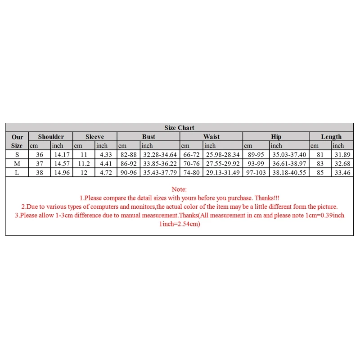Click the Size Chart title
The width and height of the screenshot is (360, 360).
pyautogui.click(x=180, y=128)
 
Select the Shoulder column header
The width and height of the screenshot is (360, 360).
pyautogui.click(x=51, y=137)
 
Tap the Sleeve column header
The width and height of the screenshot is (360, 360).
pyautogui.click(x=95, y=137)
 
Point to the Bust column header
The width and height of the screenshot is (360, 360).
pyautogui.click(x=148, y=137)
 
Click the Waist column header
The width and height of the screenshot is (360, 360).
pyautogui.click(x=211, y=137)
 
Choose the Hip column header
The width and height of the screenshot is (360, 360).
pyautogui.click(x=276, y=137)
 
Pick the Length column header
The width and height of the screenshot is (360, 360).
pyautogui.click(x=331, y=137)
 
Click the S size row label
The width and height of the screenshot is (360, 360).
pyautogui.click(x=17, y=155)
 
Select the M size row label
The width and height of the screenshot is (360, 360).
pyautogui.click(x=17, y=164)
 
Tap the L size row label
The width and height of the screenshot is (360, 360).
pyautogui.click(x=17, y=173)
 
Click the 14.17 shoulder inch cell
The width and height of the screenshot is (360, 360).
pyautogui.click(x=62, y=155)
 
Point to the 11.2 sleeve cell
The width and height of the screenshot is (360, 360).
pyautogui.click(x=84, y=164)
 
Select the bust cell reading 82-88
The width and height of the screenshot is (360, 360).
pyautogui.click(x=129, y=155)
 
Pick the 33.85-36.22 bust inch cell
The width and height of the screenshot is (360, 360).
pyautogui.click(x=160, y=164)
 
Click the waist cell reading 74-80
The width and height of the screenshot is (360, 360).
pyautogui.click(x=192, y=173)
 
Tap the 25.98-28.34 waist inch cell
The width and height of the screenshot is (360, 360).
pyautogui.click(x=223, y=155)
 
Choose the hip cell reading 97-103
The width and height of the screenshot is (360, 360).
pyautogui.click(x=256, y=173)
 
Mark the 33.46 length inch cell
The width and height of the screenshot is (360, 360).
pyautogui.click(x=343, y=173)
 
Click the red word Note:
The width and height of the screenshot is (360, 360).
pyautogui.click(x=180, y=189)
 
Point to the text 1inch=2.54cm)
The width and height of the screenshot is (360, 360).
pyautogui.click(x=180, y=224)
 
